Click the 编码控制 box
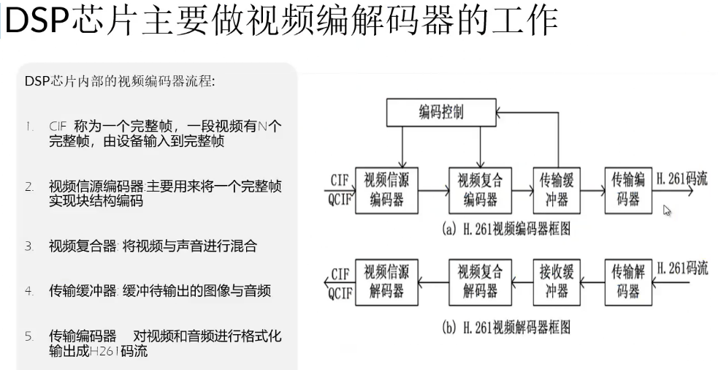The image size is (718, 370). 441,113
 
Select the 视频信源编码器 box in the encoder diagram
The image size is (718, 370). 386,189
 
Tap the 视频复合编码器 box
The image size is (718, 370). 481,189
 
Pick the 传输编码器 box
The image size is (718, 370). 628,189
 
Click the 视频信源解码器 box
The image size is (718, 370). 386,282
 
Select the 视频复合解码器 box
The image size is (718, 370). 481,282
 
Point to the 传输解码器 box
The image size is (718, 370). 628,282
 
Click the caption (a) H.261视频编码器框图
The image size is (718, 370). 506,229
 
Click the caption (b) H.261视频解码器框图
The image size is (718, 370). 506,327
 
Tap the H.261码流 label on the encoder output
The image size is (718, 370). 682,178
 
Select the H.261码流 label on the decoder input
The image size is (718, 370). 682,268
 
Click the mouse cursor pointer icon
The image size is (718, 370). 666,211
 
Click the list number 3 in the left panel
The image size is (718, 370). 28,246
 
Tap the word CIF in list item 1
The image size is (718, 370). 58,127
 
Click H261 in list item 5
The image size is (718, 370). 105,351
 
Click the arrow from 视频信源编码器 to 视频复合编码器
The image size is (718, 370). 433,190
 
